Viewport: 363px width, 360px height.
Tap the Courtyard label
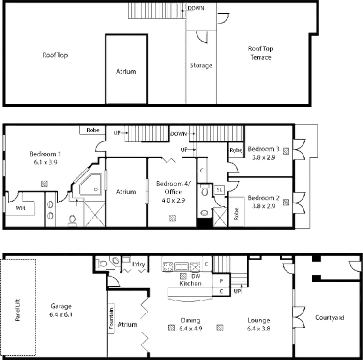[330, 318]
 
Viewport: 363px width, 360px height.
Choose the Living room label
[256, 325]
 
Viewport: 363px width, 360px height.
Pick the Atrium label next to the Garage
[126, 324]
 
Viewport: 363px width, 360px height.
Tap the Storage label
[201, 65]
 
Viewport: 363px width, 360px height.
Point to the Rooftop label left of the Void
[55, 55]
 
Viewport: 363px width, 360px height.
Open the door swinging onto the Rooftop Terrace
[224, 18]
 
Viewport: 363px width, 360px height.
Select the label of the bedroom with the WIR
[44, 157]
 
